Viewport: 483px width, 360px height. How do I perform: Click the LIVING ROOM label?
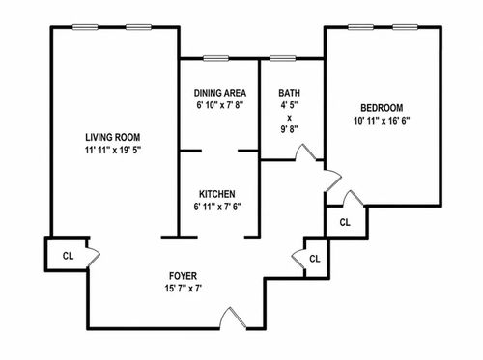pos(113,137)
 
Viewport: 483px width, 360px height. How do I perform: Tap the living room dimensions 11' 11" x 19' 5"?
pos(113,150)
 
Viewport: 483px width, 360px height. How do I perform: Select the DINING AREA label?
pos(220,93)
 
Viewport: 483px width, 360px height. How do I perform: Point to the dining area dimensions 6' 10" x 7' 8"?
pos(220,105)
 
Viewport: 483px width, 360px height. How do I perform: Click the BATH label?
pos(289,93)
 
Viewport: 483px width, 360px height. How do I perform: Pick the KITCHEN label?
pos(217,194)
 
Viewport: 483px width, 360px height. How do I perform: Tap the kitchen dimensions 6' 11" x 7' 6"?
pos(217,207)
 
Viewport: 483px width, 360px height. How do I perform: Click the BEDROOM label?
pos(382,108)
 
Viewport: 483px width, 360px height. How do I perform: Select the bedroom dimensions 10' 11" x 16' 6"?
pos(382,121)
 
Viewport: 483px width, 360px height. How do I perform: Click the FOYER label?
pos(183,276)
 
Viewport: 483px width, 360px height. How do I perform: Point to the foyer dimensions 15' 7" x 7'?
pos(184,289)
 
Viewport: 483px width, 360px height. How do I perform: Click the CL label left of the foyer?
pos(68,256)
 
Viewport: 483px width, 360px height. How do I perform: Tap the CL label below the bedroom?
pos(345,222)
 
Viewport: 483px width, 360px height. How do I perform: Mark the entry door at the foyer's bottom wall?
pos(233,318)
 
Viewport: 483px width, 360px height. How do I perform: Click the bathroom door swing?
pos(305,152)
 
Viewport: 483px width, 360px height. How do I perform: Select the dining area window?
pos(216,58)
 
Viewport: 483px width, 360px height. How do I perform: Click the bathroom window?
pos(283,58)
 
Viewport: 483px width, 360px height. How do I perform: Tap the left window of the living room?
pos(85,27)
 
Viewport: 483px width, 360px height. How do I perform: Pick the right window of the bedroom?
pos(405,27)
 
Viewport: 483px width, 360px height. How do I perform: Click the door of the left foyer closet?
pos(94,254)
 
